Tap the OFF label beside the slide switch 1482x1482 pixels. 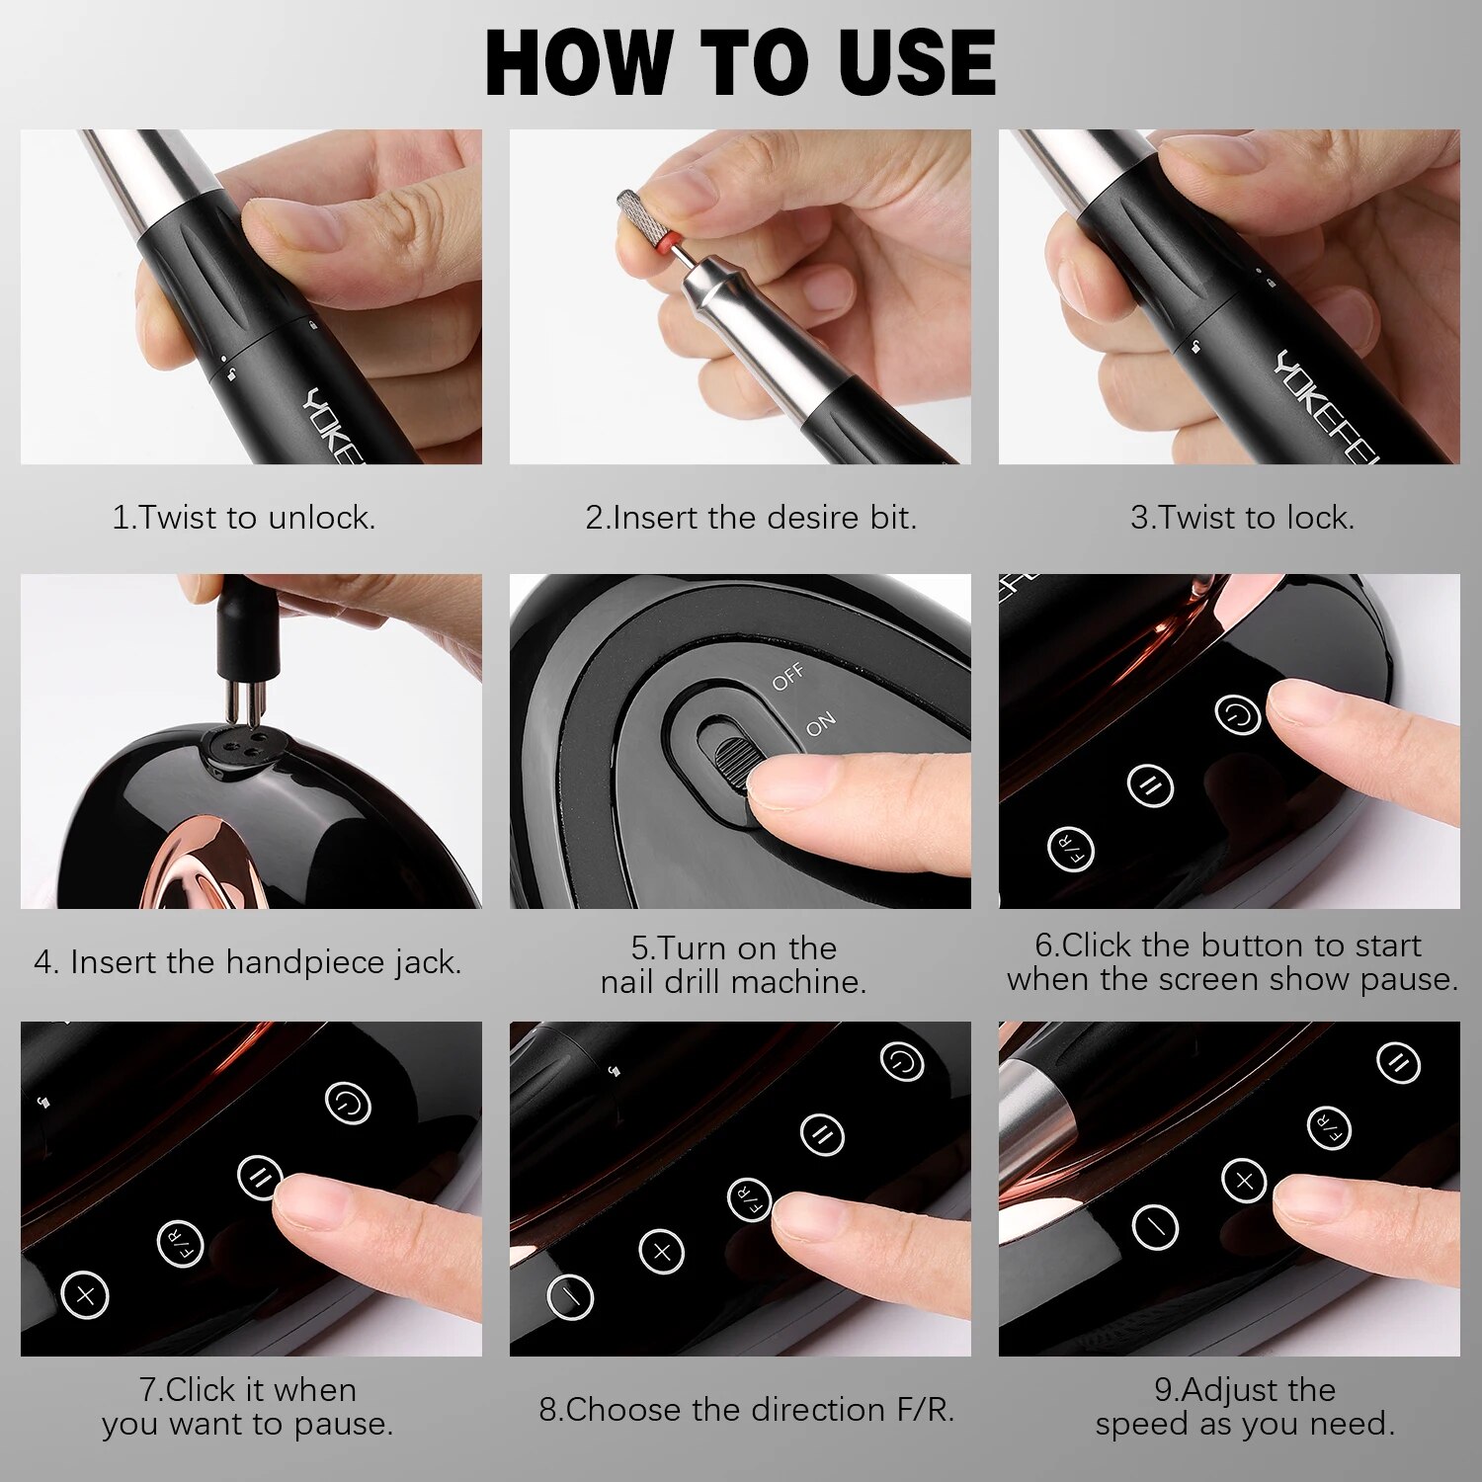(788, 678)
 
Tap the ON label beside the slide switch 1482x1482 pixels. (820, 724)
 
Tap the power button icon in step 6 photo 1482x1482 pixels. (1237, 713)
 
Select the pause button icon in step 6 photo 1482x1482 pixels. (1150, 785)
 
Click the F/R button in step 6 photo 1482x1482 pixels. (1071, 849)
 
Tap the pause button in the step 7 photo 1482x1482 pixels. (261, 1177)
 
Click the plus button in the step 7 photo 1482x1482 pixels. (85, 1294)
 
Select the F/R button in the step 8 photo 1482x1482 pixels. (750, 1199)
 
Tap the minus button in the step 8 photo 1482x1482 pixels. (570, 1295)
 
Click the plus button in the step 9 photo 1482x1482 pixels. (1244, 1180)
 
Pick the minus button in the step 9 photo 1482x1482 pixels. (1155, 1226)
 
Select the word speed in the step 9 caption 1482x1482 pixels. (1142, 1426)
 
